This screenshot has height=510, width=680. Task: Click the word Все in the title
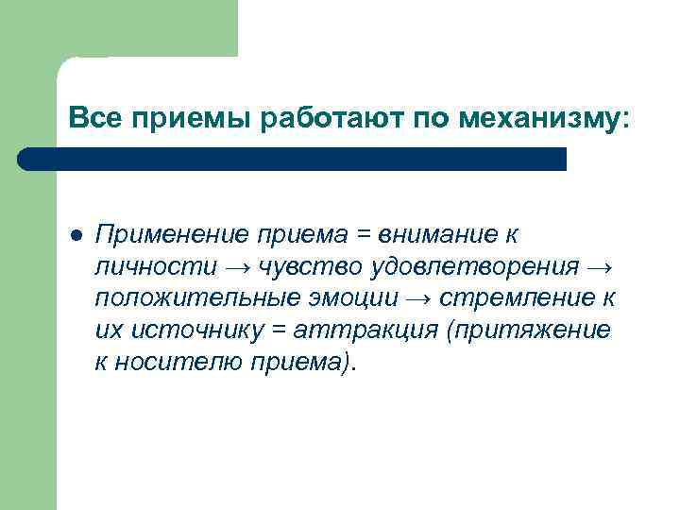tap(93, 119)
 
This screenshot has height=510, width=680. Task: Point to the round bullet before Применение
tap(76, 234)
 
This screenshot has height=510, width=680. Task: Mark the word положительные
tap(198, 299)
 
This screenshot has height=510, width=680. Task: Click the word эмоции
tap(356, 299)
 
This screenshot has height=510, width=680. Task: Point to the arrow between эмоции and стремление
tap(418, 299)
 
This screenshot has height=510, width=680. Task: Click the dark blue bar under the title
tap(293, 159)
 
